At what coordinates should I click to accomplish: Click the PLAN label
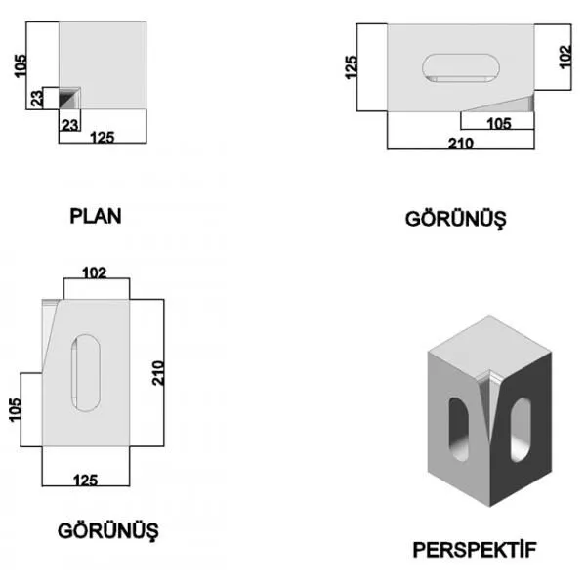coord(96,216)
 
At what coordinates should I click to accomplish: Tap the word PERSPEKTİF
coord(475,550)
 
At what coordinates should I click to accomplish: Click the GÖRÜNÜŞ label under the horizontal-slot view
coord(455,219)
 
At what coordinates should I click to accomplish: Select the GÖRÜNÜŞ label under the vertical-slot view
coord(108,531)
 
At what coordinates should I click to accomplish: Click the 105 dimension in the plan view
coord(21,65)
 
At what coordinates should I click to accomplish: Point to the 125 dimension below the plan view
coord(102,137)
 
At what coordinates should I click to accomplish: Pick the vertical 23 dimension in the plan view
coord(37,99)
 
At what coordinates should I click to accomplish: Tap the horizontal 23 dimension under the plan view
coord(70,125)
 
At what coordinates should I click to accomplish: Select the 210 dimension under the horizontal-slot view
coord(461,144)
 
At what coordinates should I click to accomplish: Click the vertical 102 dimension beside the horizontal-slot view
coord(565,57)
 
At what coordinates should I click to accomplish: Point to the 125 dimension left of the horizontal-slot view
coord(351,67)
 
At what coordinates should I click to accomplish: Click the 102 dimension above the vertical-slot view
coord(94,272)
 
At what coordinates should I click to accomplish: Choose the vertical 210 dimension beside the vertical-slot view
coord(157,373)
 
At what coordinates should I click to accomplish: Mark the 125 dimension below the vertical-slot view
coord(86,481)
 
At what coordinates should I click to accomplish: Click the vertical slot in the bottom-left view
coord(86,373)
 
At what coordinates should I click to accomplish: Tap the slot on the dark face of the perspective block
coord(521,430)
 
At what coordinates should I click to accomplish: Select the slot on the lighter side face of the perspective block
coord(459,429)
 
